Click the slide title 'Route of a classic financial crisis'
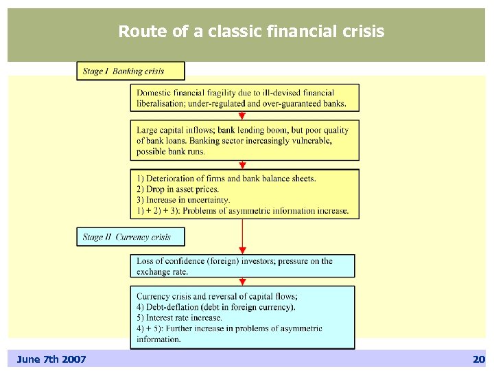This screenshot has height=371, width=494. click(251, 32)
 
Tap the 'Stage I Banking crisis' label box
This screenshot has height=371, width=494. click(130, 71)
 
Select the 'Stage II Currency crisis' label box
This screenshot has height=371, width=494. click(130, 237)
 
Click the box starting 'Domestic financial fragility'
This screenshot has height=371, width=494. click(244, 98)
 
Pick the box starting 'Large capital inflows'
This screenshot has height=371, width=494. click(244, 140)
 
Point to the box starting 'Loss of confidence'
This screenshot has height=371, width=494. click(242, 266)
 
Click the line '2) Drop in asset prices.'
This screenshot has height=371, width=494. click(178, 189)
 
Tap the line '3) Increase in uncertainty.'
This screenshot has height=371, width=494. click(183, 200)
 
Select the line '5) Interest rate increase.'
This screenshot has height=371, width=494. click(179, 317)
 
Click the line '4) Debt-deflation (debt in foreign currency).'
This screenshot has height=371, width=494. click(215, 307)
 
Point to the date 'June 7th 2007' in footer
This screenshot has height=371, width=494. click(51, 359)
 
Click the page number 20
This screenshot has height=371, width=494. click(478, 359)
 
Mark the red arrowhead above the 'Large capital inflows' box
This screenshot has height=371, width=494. click(242, 117)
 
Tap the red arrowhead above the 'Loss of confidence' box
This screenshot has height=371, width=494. click(242, 251)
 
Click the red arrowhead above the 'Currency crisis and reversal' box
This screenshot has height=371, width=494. click(242, 282)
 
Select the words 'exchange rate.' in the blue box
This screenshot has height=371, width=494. click(162, 272)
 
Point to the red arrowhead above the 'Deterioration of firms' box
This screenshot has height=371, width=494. click(242, 166)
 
